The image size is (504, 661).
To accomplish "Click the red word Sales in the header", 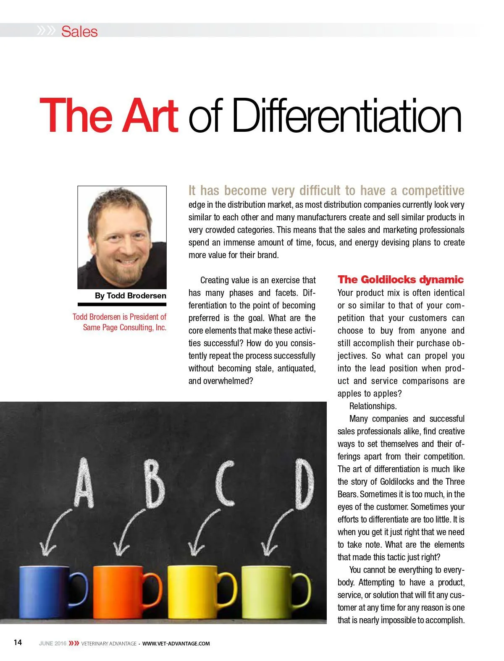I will click(79, 31).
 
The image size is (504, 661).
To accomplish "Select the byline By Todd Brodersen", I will click(130, 295).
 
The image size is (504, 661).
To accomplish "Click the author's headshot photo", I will click(122, 237).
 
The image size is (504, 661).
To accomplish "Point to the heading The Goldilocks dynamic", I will click(400, 280).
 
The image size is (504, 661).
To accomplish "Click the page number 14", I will click(18, 643).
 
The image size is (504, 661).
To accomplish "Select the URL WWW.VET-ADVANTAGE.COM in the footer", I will click(176, 643).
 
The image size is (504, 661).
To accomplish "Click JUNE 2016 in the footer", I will click(52, 643).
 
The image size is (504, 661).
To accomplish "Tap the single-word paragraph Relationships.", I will click(373, 406).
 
